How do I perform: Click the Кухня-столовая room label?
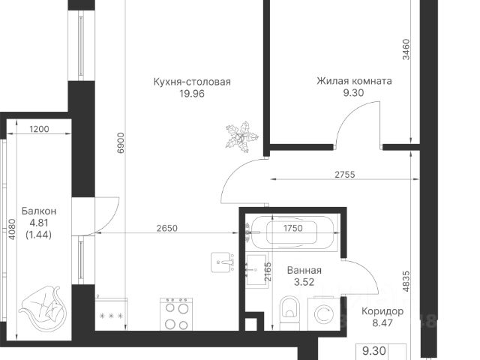(192, 82)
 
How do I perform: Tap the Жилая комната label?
(354, 81)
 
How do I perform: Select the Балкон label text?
(39, 211)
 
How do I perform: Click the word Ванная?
(304, 270)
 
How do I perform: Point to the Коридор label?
(382, 311)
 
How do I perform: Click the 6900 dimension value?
(121, 142)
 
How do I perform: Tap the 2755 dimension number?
(345, 175)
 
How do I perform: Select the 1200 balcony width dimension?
(39, 129)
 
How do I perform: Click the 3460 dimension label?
(406, 49)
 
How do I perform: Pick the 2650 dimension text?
(166, 228)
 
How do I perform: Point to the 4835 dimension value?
(406, 281)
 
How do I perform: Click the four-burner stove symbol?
(176, 313)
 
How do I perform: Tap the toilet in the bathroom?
(289, 312)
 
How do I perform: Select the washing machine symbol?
(325, 313)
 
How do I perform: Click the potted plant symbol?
(241, 136)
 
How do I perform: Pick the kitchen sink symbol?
(222, 262)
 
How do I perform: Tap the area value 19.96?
(192, 94)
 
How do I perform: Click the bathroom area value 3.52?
(304, 282)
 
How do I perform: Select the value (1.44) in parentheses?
(38, 235)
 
